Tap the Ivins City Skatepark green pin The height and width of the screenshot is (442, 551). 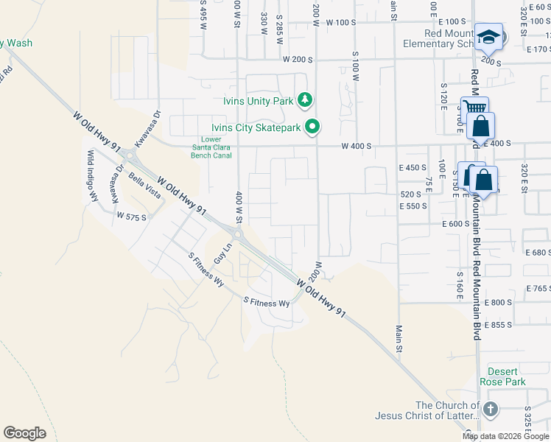tap(312, 127)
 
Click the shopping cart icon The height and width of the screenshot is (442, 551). tap(471, 108)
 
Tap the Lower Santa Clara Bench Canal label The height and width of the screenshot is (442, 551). tap(211, 147)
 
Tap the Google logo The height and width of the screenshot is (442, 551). tap(24, 432)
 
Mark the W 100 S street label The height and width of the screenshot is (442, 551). tap(339, 22)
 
